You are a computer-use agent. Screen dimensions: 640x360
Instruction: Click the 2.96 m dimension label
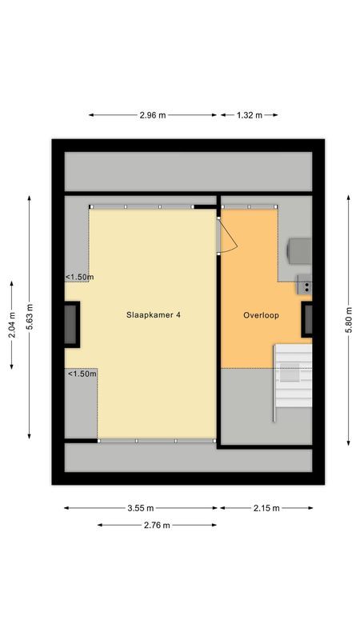click(152, 115)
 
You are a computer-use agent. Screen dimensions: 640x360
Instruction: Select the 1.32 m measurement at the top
click(250, 115)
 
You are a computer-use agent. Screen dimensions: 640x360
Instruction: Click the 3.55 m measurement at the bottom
click(140, 508)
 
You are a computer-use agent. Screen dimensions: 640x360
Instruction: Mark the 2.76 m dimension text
click(157, 526)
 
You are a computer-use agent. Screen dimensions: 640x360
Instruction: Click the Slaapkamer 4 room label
click(154, 315)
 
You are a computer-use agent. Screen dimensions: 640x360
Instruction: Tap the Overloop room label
click(261, 315)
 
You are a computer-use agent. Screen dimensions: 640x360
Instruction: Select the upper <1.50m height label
click(80, 278)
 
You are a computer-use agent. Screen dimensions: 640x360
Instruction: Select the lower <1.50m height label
click(82, 374)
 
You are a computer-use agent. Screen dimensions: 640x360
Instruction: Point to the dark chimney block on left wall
click(73, 324)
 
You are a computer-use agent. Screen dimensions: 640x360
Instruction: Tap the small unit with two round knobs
click(304, 283)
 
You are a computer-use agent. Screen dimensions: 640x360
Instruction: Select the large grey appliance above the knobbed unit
click(299, 250)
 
